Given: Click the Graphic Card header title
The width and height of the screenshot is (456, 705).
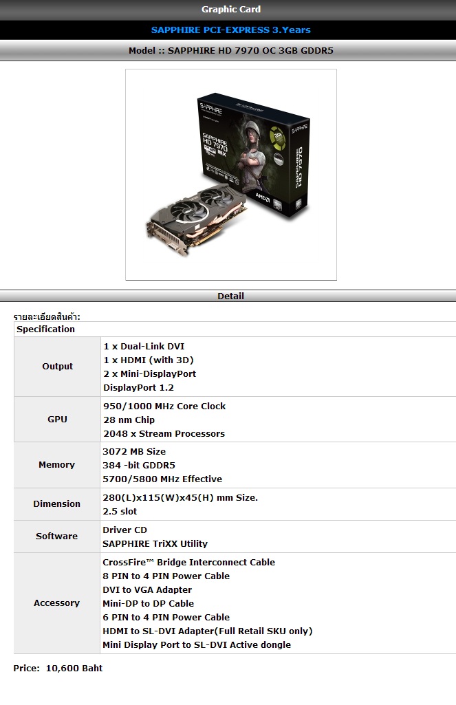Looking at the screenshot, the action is [230, 9].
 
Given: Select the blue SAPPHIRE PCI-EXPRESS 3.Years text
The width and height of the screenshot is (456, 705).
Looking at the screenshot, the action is [230, 30].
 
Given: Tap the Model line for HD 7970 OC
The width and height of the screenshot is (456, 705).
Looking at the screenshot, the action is [230, 50].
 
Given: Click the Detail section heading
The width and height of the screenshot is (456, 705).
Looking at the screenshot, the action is [230, 296].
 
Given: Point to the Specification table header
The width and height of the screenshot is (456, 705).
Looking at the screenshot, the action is [46, 329].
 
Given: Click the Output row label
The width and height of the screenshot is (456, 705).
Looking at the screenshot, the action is [58, 367].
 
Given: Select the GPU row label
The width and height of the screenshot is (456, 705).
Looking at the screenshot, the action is [58, 420].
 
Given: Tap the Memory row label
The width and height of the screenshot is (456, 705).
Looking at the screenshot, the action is [56, 465].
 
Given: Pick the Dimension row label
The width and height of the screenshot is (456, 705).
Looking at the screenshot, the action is [56, 504].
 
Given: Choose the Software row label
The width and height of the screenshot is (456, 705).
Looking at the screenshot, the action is [56, 536].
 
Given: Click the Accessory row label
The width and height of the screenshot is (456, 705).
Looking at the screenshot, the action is [56, 603].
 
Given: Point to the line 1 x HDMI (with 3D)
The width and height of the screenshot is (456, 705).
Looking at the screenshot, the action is [149, 360].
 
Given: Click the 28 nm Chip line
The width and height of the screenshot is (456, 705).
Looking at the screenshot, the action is [129, 420].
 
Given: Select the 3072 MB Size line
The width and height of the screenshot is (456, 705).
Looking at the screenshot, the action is [134, 451].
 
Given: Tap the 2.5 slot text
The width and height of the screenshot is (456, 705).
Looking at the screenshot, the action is [120, 511].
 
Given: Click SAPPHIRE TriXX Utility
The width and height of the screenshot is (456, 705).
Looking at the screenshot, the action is [155, 543].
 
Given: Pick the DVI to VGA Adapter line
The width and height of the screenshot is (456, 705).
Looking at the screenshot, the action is [147, 590].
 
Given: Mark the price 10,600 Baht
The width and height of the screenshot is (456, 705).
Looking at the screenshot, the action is [74, 668].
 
